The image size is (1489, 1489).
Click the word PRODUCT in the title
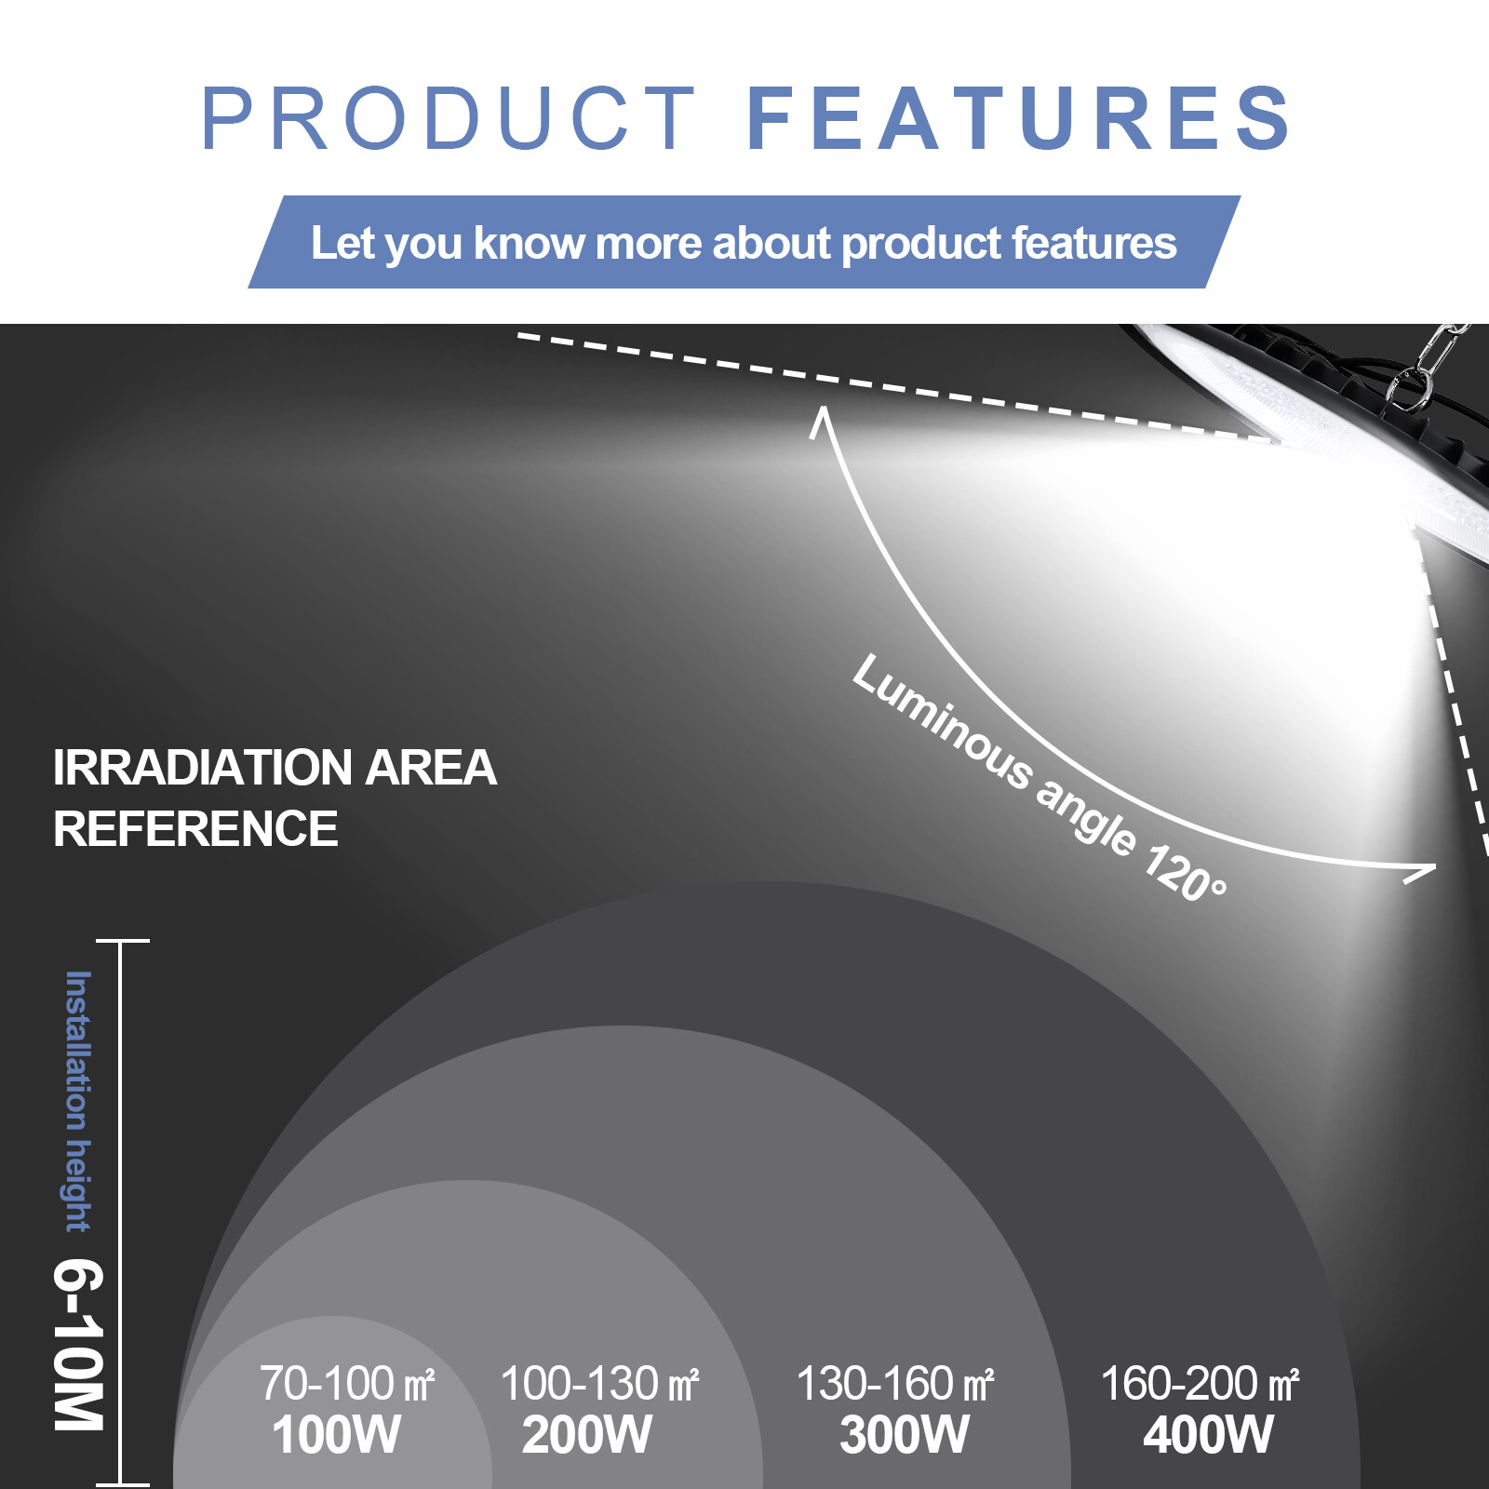[x=448, y=118]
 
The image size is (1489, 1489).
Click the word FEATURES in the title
[x=1019, y=118]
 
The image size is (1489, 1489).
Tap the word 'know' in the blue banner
[x=529, y=243]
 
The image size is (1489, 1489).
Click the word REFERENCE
[x=195, y=828]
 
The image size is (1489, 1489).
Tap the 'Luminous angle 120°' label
[x=1040, y=777]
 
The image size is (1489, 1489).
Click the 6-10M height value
[x=78, y=1345]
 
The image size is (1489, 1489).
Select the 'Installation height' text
[x=78, y=1101]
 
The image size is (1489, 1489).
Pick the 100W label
[x=337, y=1434]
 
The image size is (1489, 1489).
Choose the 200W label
[x=587, y=1434]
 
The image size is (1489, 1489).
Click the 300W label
[x=905, y=1434]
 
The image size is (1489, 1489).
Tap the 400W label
[x=1208, y=1434]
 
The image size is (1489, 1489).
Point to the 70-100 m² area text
[x=347, y=1383]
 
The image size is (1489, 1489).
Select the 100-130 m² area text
[x=599, y=1383]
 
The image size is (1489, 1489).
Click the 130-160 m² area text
[x=895, y=1383]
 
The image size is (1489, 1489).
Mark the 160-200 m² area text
[x=1200, y=1383]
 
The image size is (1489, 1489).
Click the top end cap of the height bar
[x=122, y=941]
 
